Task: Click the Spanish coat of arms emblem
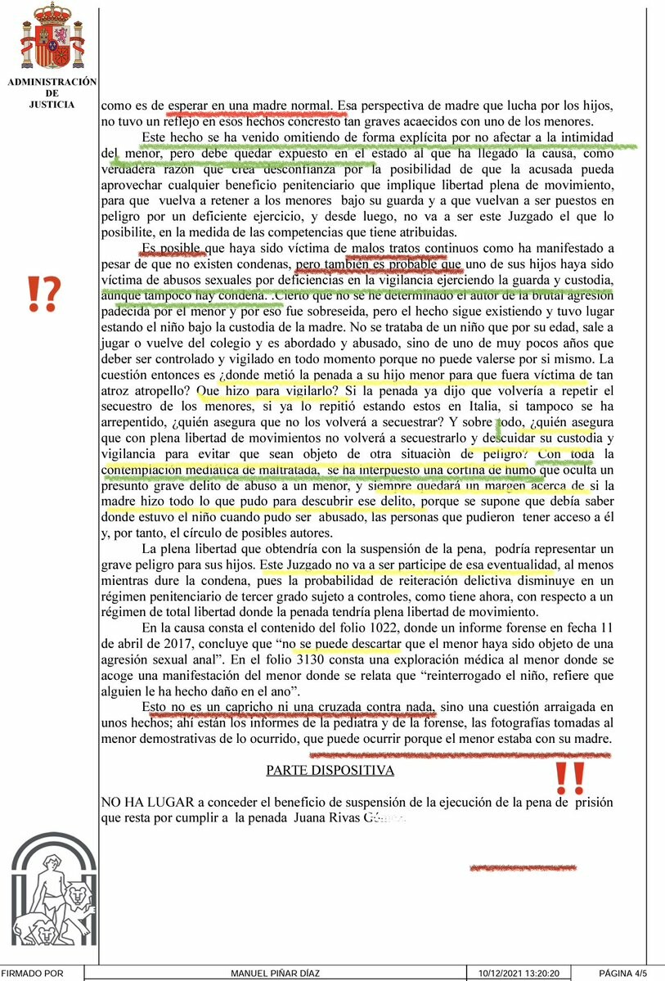(52, 38)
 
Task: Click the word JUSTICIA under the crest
(52, 105)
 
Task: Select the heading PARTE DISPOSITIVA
(330, 770)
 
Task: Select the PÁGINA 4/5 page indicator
(623, 974)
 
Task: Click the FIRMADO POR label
(32, 974)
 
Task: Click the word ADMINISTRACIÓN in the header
(52, 82)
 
